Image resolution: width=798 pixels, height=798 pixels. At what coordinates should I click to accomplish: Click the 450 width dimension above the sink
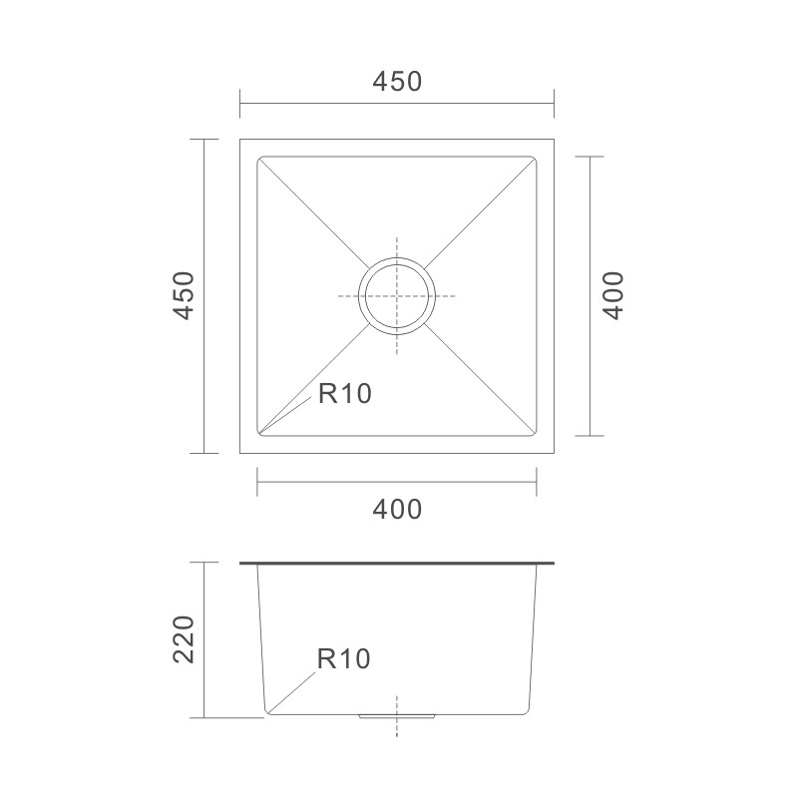[x=397, y=82]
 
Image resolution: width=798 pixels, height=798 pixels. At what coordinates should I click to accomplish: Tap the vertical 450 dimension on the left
[x=184, y=295]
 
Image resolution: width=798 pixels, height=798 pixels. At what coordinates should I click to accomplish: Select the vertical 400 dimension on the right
[x=612, y=295]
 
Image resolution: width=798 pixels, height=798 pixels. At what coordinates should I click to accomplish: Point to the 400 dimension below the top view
[x=397, y=510]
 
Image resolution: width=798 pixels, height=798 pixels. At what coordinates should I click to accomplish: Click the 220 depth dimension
[x=184, y=639]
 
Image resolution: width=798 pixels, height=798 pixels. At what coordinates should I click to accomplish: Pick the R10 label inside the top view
[x=345, y=393]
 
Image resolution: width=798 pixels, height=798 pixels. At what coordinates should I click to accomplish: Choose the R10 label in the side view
[x=343, y=659]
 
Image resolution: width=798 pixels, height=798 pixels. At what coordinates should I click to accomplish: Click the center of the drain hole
[x=397, y=296]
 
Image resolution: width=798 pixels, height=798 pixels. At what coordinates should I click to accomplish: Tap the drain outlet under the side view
[x=397, y=716]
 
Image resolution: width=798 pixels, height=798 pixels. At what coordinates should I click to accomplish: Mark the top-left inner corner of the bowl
[x=258, y=158]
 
